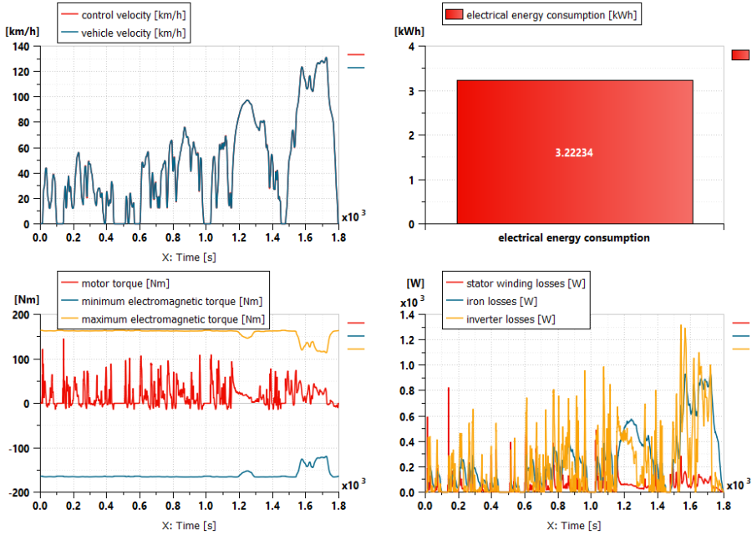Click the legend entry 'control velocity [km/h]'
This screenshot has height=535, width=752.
click(134, 15)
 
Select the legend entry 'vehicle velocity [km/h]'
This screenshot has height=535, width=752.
click(134, 33)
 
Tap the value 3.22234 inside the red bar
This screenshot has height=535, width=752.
click(574, 153)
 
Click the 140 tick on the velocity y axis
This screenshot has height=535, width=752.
click(20, 47)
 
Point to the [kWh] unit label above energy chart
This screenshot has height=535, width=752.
click(409, 31)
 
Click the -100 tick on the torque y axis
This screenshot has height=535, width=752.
click(18, 448)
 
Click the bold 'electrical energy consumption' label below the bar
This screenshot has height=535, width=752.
click(574, 238)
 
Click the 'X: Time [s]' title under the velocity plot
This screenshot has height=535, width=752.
click(189, 257)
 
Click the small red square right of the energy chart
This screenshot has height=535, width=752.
click(740, 54)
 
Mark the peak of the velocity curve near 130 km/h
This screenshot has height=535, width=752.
click(326, 59)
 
